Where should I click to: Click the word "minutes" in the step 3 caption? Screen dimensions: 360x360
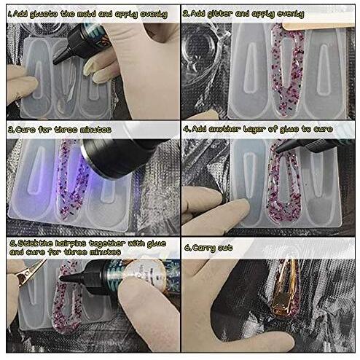tap(93, 129)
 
